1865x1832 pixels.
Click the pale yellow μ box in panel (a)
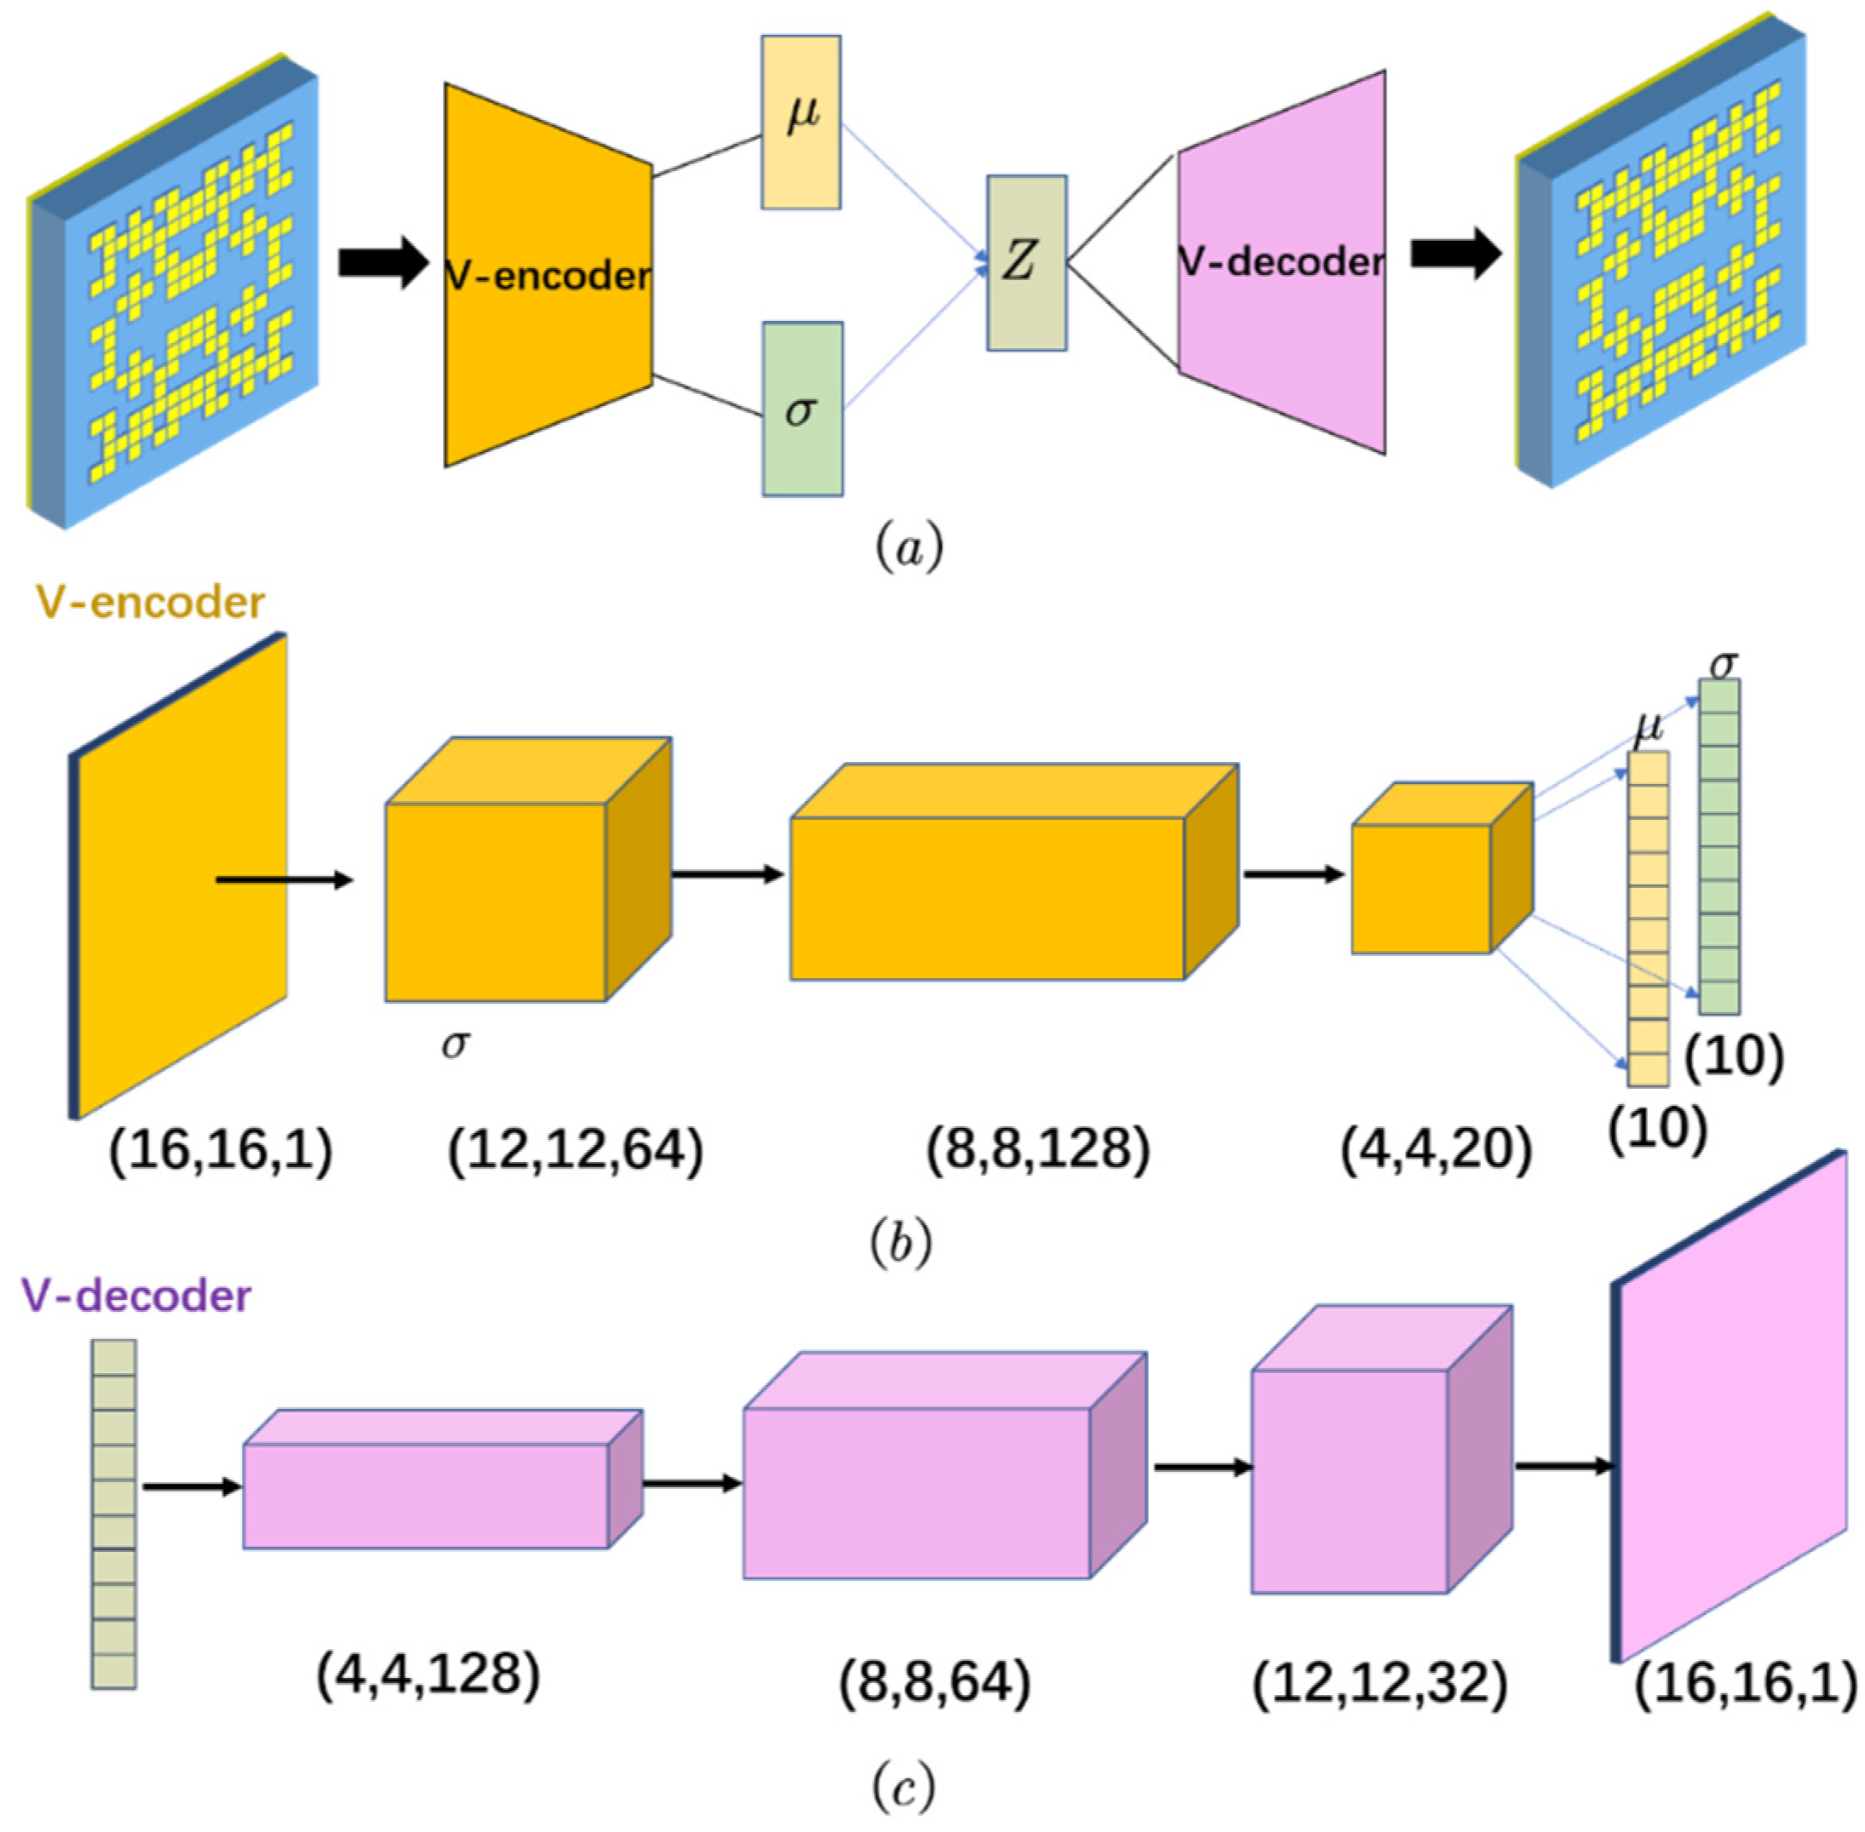[801, 123]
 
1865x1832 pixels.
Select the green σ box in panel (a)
[802, 409]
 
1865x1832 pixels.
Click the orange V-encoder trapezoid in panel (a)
[547, 276]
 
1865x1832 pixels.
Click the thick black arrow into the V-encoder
[382, 261]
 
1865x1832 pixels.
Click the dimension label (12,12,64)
[575, 1150]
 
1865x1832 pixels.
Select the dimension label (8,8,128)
[1037, 1150]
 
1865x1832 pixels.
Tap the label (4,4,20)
[1435, 1150]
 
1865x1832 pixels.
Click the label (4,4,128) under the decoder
[428, 1675]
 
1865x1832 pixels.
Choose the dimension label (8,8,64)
[934, 1684]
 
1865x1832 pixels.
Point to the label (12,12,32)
[1378, 1684]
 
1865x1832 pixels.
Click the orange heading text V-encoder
[149, 604]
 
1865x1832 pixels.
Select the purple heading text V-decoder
[136, 1296]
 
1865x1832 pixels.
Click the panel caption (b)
[900, 1244]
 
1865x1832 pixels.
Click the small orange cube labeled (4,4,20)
[1421, 889]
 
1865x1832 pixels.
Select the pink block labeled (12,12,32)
[1349, 1482]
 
